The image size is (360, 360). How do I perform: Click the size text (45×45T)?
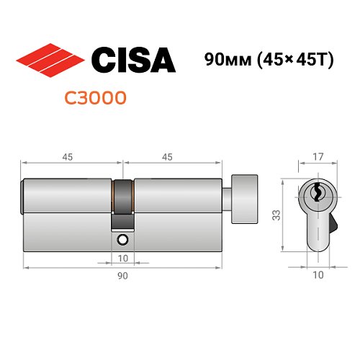[289, 60]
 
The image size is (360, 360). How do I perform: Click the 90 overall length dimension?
[122, 275]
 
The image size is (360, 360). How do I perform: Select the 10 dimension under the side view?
[122, 257]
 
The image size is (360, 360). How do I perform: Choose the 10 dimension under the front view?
[318, 275]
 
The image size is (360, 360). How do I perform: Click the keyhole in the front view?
[318, 193]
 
